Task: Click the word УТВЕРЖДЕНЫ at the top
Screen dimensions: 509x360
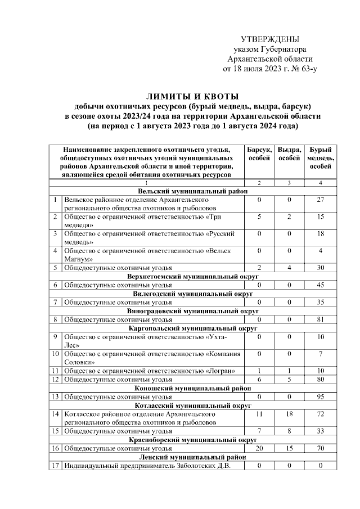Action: pos(269,39)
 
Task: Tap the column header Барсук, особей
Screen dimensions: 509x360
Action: pos(259,154)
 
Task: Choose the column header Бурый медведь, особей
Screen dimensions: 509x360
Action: pos(321,158)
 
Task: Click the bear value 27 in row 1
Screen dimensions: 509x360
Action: pos(321,200)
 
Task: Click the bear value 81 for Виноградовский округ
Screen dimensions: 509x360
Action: pos(321,319)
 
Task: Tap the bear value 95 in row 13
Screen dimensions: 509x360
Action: pos(321,397)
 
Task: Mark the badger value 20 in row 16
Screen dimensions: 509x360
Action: pos(259,448)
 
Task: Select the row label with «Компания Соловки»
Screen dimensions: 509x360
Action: pos(152,358)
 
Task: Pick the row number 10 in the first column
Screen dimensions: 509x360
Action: pos(56,354)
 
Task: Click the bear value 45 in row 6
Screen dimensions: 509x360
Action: pos(321,285)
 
